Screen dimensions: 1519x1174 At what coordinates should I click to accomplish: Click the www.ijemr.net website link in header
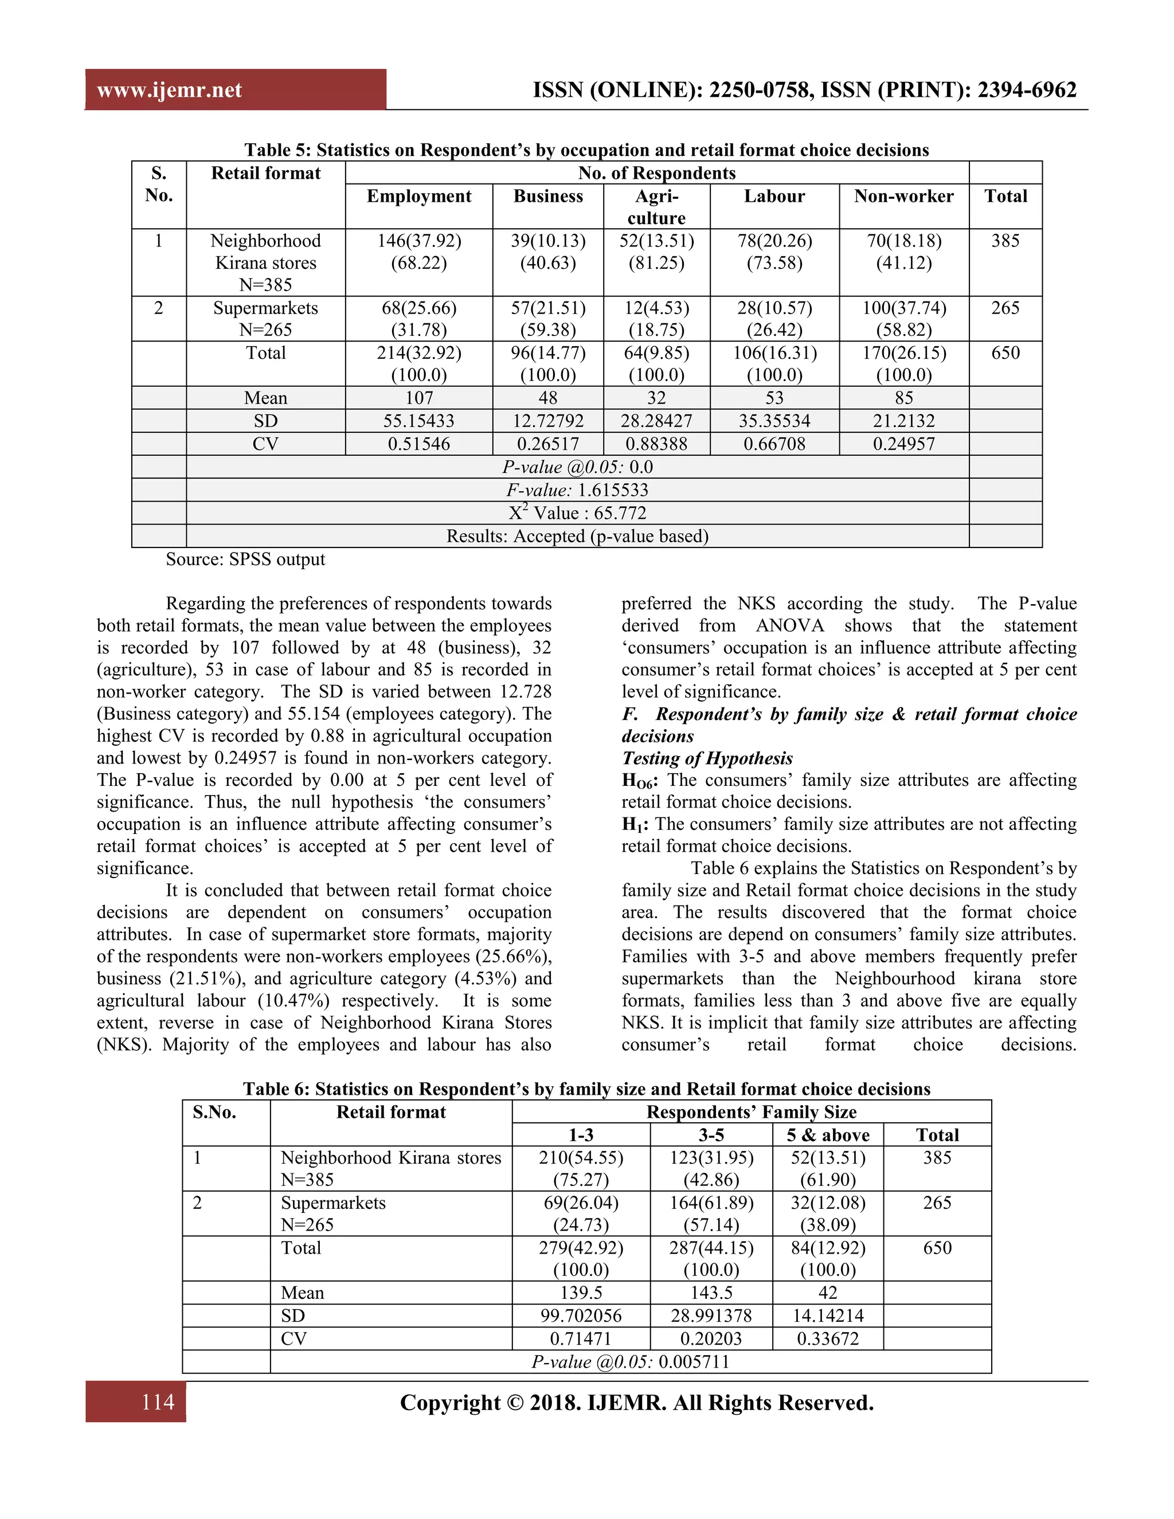[x=169, y=90]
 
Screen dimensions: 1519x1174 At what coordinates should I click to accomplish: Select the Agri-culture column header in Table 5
[x=656, y=206]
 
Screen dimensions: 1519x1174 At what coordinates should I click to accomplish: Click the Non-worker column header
[x=903, y=196]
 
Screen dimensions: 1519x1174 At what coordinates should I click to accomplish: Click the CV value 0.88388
[x=656, y=444]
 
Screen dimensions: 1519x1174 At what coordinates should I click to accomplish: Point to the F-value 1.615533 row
[x=577, y=490]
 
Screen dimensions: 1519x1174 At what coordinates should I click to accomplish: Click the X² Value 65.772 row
[x=577, y=512]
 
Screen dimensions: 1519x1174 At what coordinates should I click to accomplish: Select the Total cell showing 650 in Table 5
[x=1005, y=353]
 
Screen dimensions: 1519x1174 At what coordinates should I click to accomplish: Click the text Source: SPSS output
[x=245, y=559]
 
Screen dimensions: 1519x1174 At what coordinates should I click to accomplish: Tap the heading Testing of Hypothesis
[x=707, y=758]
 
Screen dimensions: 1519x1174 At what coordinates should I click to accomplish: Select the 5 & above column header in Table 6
[x=828, y=1135]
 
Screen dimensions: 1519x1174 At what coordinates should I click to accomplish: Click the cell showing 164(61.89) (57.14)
[x=711, y=1213]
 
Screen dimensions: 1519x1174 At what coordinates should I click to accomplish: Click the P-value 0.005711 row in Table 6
[x=630, y=1361]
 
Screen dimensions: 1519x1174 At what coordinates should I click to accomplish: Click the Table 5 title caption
[x=586, y=150]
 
